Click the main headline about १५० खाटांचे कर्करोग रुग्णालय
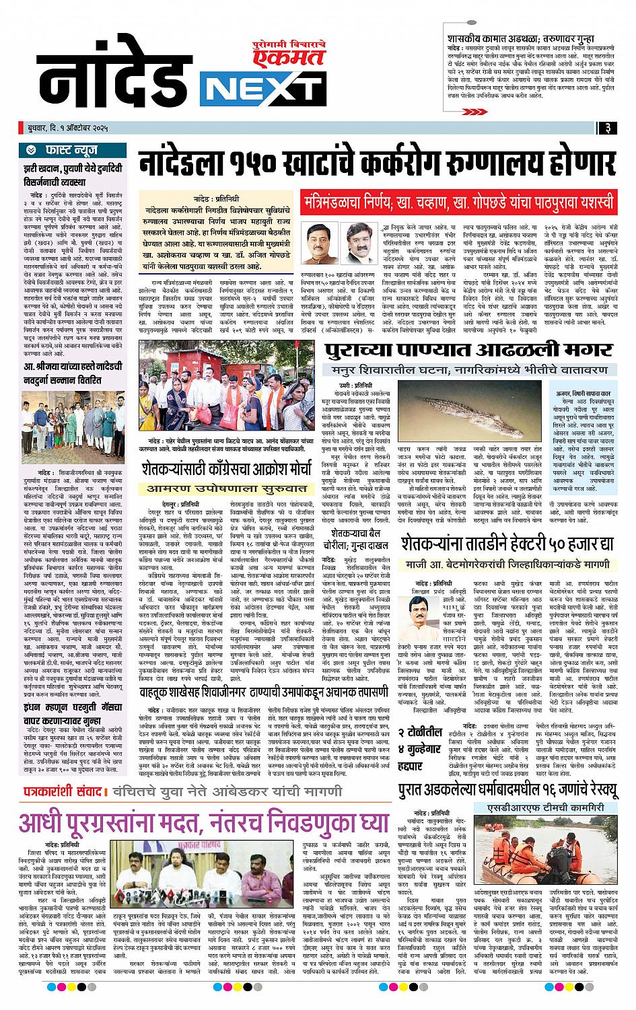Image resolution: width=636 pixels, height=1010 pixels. [377, 163]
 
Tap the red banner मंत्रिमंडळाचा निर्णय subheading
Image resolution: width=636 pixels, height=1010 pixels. [458, 201]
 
